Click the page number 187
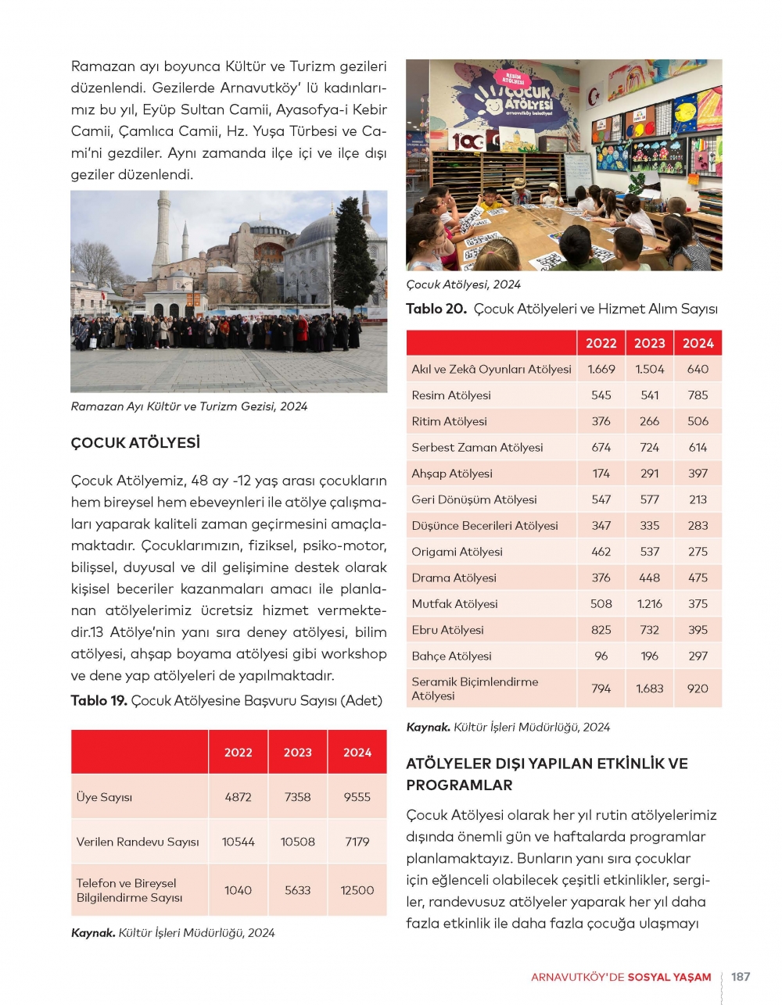click(740, 977)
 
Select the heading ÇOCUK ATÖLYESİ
click(135, 443)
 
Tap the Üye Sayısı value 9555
click(357, 797)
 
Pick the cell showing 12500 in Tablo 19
click(357, 890)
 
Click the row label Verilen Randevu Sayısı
click(138, 842)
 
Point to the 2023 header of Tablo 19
click(297, 753)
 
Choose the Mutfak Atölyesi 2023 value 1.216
click(649, 604)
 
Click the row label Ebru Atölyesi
click(447, 630)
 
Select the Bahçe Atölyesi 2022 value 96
click(601, 656)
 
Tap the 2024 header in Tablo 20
click(698, 343)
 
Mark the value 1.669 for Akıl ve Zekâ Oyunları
click(601, 370)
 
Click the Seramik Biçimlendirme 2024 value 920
click(698, 688)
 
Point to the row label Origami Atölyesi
click(457, 552)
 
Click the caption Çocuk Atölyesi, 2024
click(463, 284)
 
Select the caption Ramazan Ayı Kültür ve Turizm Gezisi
click(188, 406)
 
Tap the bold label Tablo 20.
click(436, 309)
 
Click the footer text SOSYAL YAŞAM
click(669, 978)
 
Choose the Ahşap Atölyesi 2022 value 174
click(601, 474)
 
